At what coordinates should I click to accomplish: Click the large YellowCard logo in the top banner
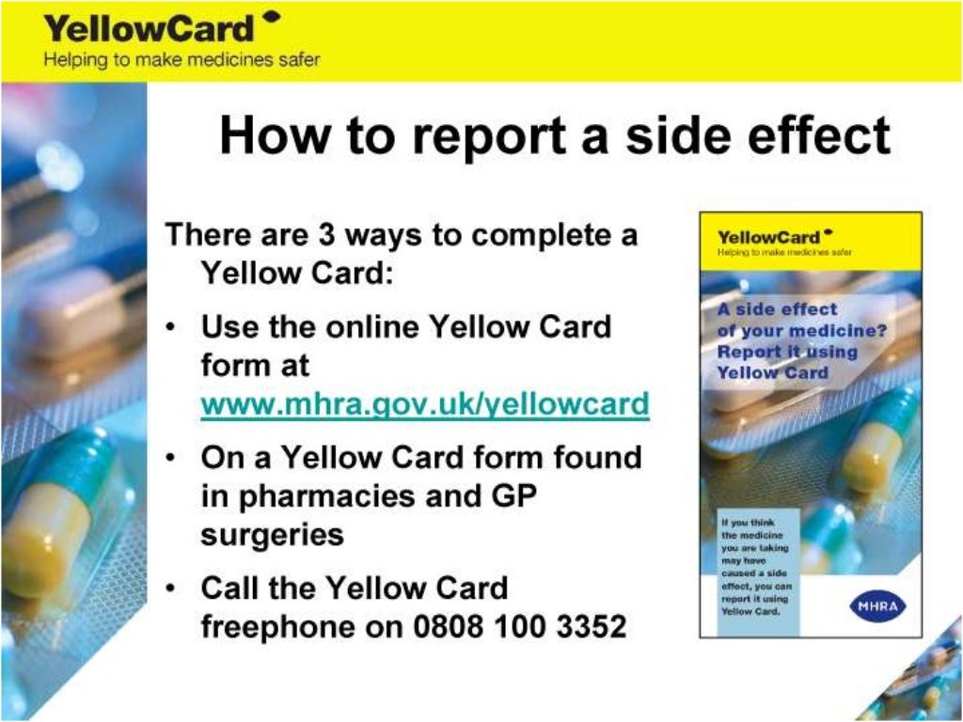(150, 27)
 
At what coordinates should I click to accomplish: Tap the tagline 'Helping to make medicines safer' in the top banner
(181, 60)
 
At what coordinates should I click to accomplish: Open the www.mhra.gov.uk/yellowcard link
(425, 404)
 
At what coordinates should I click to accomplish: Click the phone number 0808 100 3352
(520, 626)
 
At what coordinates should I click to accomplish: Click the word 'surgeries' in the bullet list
(272, 534)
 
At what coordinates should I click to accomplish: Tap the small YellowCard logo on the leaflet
(770, 237)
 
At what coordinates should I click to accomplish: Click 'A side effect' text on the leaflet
(777, 309)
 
